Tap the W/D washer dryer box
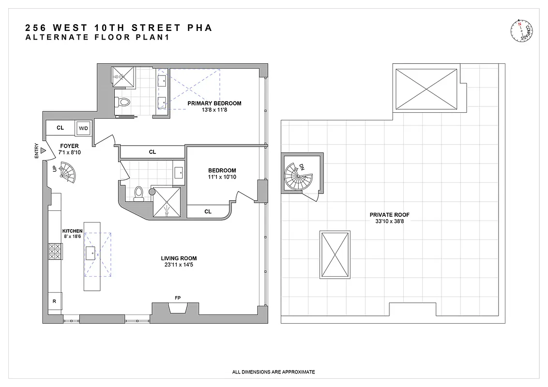click(x=83, y=128)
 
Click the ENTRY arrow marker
click(x=43, y=151)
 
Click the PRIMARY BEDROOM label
click(x=214, y=103)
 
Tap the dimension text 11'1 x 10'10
click(x=222, y=178)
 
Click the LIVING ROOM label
click(x=179, y=258)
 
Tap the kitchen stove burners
click(x=55, y=252)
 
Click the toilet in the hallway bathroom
click(x=138, y=193)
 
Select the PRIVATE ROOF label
click(x=385, y=215)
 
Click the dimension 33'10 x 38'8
click(x=385, y=222)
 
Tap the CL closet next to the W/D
click(x=60, y=128)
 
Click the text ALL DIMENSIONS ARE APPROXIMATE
click(x=274, y=372)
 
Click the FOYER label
click(x=69, y=146)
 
